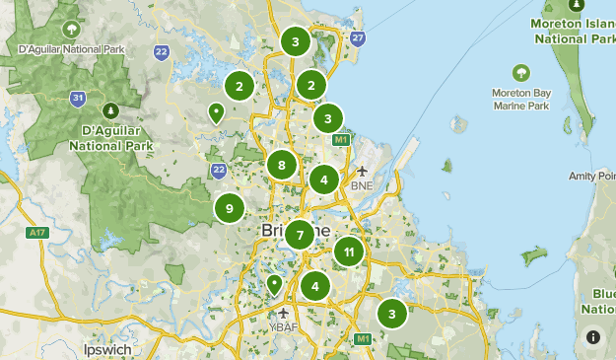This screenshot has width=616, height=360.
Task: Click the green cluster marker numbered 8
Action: click(x=282, y=165)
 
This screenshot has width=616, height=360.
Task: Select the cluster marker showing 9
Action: click(x=229, y=208)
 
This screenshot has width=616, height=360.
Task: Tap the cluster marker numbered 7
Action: click(x=299, y=236)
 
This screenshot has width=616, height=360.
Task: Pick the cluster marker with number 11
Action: click(x=348, y=252)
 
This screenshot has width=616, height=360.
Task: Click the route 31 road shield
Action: click(x=78, y=98)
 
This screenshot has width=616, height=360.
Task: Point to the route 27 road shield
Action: click(x=358, y=38)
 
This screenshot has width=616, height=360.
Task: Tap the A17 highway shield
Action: click(x=38, y=234)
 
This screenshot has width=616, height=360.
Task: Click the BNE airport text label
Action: click(x=361, y=185)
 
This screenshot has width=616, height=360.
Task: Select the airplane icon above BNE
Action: click(x=362, y=172)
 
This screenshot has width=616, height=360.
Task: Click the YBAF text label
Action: click(x=284, y=325)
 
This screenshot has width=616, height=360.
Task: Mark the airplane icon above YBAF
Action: click(x=284, y=313)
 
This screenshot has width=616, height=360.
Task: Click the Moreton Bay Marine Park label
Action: click(x=519, y=99)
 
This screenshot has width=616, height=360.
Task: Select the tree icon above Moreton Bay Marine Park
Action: click(x=519, y=72)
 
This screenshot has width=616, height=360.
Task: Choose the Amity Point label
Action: click(x=592, y=177)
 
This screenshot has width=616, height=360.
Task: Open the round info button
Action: click(x=593, y=336)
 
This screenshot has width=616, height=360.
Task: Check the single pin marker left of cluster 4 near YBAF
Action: click(x=275, y=285)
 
